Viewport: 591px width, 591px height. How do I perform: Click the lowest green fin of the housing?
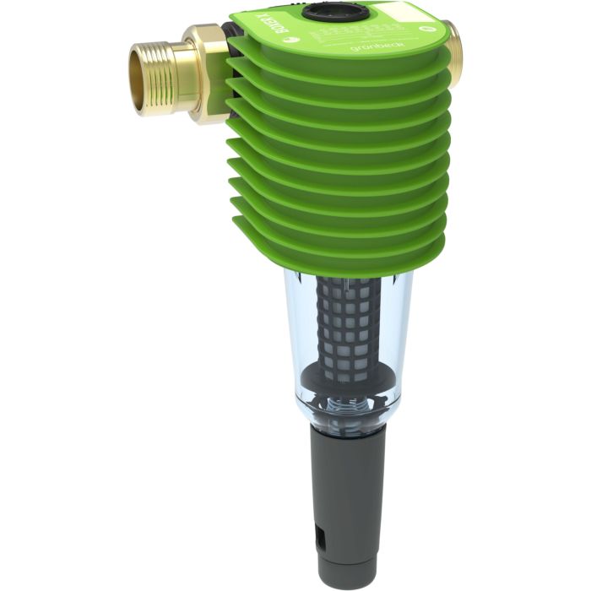point(338,253)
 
